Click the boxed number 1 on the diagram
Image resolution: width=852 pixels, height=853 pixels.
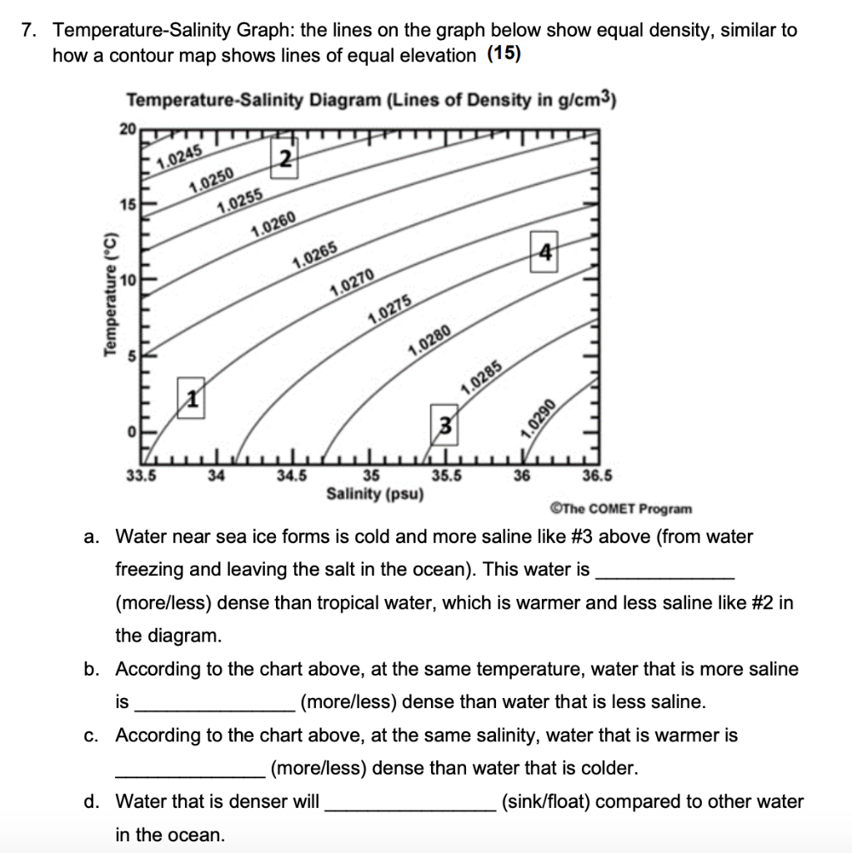(191, 399)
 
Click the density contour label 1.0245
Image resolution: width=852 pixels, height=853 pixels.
(179, 154)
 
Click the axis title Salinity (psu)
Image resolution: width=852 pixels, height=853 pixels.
(375, 494)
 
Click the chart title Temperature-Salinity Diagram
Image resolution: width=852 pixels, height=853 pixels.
(371, 101)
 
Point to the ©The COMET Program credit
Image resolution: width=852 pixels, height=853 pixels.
(620, 508)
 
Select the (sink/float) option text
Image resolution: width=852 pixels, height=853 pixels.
(544, 801)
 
